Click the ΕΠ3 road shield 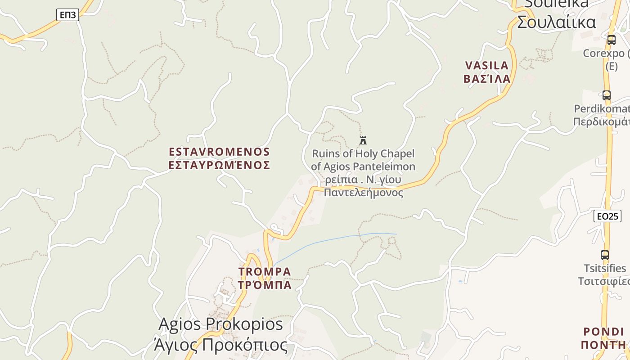tap(67, 15)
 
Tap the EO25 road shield tap(607, 216)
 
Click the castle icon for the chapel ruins tap(363, 140)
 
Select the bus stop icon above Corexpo tap(611, 40)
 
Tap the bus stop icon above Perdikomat tap(607, 95)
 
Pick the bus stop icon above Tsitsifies tap(605, 255)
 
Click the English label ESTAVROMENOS tap(219, 152)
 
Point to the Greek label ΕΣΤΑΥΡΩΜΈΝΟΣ tap(219, 165)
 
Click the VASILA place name tap(486, 66)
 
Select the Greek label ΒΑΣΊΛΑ tap(487, 79)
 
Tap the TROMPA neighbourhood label tap(265, 272)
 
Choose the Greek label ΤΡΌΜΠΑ tap(265, 285)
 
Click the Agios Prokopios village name tap(221, 324)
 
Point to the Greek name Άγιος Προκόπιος tap(220, 345)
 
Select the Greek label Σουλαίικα tap(556, 22)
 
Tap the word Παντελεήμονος tap(363, 193)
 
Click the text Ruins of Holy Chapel tap(363, 154)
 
